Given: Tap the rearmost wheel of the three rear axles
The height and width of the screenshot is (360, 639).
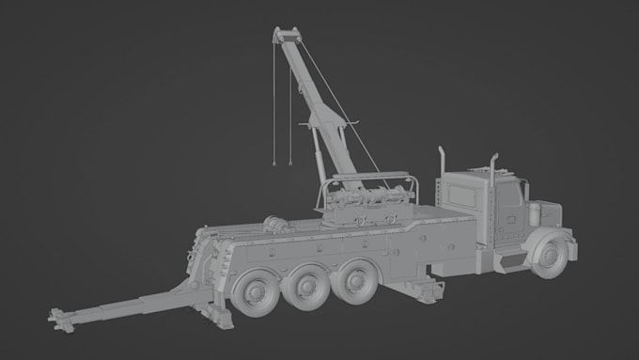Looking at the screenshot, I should pos(255,292).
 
